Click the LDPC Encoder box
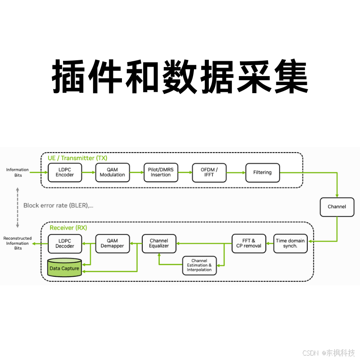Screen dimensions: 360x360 pyautogui.click(x=64, y=172)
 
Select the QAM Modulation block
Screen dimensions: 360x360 pyautogui.click(x=112, y=172)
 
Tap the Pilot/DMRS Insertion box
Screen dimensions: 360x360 pyautogui.click(x=161, y=172)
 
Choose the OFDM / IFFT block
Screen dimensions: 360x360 pyautogui.click(x=209, y=172)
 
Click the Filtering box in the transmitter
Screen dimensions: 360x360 pyautogui.click(x=262, y=172)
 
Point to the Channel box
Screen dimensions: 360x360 pyautogui.click(x=337, y=207)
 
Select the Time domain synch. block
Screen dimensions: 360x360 pyautogui.click(x=290, y=243)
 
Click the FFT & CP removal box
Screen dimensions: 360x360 pyautogui.click(x=249, y=243)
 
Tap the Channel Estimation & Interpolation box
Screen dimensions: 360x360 pyautogui.click(x=199, y=265)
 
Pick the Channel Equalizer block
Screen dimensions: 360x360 pyautogui.click(x=159, y=243)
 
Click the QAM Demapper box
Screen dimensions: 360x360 pyautogui.click(x=112, y=243)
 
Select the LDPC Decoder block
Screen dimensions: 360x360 pyautogui.click(x=64, y=243)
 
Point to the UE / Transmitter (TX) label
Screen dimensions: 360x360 pyautogui.click(x=77, y=158)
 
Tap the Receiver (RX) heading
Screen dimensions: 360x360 pyautogui.click(x=68, y=228)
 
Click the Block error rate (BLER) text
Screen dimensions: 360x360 pyautogui.click(x=58, y=205)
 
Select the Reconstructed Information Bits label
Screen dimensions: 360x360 pyautogui.click(x=18, y=243)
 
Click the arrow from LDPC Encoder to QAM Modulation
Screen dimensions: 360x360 pyautogui.click(x=88, y=172)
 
